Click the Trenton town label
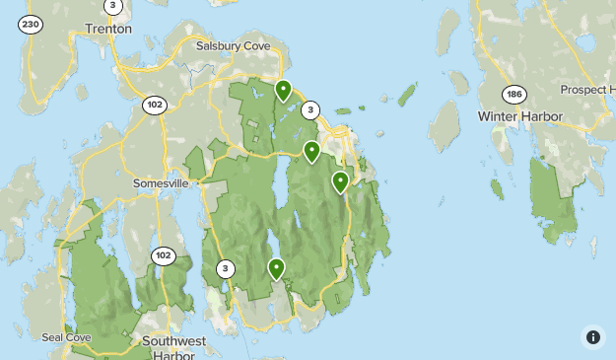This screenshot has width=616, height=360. click(x=108, y=29)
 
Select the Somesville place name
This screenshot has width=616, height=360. click(x=161, y=183)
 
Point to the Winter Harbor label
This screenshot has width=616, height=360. click(x=519, y=116)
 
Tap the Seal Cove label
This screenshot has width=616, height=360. click(x=66, y=337)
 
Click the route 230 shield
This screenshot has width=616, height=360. click(x=31, y=25)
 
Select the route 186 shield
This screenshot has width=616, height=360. click(x=513, y=95)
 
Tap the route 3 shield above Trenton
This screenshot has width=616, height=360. click(x=113, y=6)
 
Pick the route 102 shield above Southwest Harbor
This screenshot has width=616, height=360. click(x=163, y=256)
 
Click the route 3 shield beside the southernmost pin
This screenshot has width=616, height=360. click(x=227, y=268)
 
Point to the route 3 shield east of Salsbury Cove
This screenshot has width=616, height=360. click(x=310, y=110)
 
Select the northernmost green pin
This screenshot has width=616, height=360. click(x=283, y=91)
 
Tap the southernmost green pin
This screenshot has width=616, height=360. click(x=276, y=267)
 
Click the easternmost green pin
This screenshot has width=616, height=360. click(x=340, y=181)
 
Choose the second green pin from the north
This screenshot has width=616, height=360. click(x=311, y=151)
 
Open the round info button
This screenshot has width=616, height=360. click(x=593, y=337)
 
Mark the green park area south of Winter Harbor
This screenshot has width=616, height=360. click(x=552, y=197)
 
